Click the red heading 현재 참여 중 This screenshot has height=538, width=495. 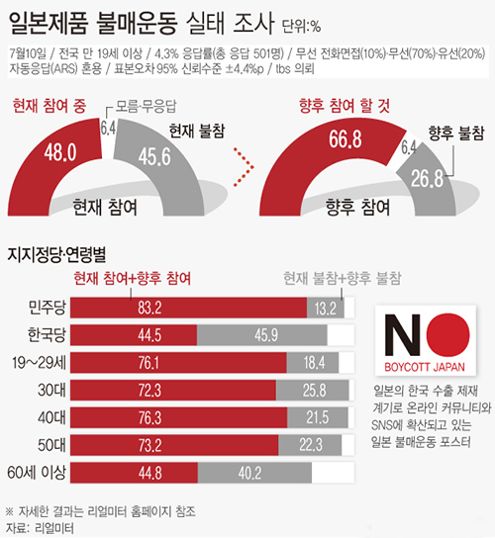pyautogui.click(x=48, y=104)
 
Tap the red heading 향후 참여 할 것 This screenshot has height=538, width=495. pyautogui.click(x=342, y=104)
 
